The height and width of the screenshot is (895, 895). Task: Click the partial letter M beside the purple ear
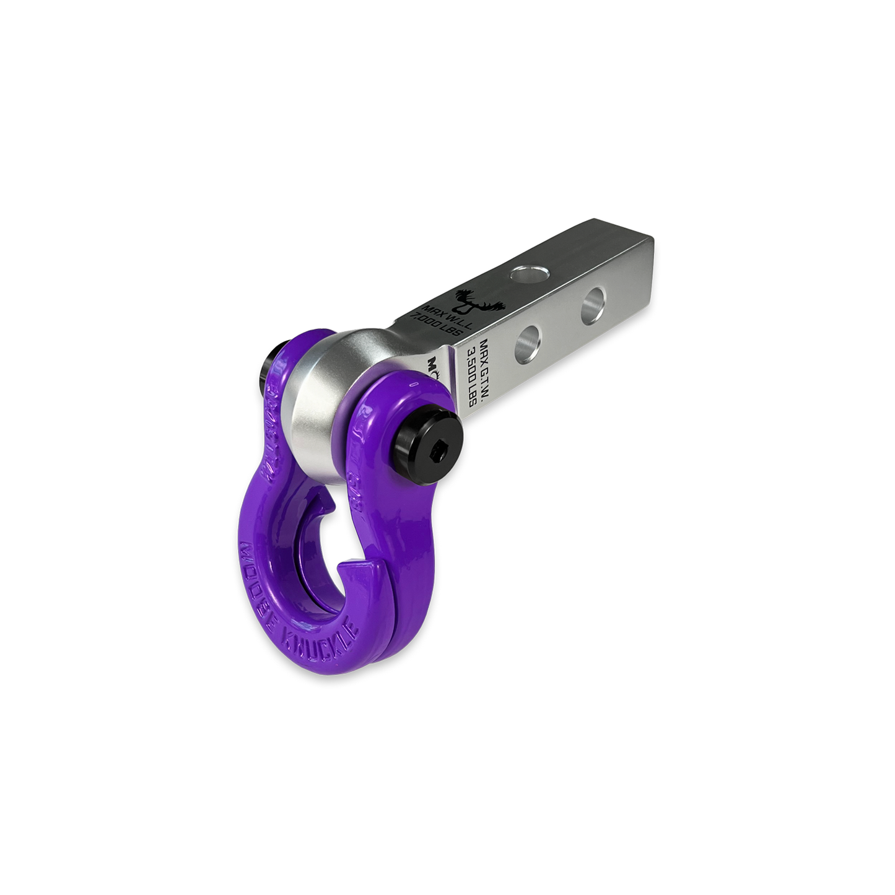click(431, 366)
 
